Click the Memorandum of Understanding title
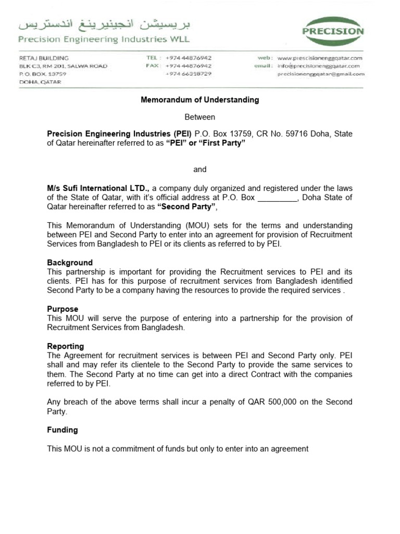(x=200, y=100)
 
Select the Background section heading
(x=70, y=263)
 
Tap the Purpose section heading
(x=63, y=309)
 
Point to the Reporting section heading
(x=65, y=346)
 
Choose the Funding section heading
(x=63, y=430)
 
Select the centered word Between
(x=200, y=117)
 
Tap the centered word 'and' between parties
(x=200, y=169)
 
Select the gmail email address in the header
(x=320, y=75)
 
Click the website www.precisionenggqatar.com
(x=320, y=58)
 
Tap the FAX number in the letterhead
(x=188, y=66)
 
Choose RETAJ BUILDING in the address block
(x=44, y=58)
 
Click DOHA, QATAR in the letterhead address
(x=40, y=82)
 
